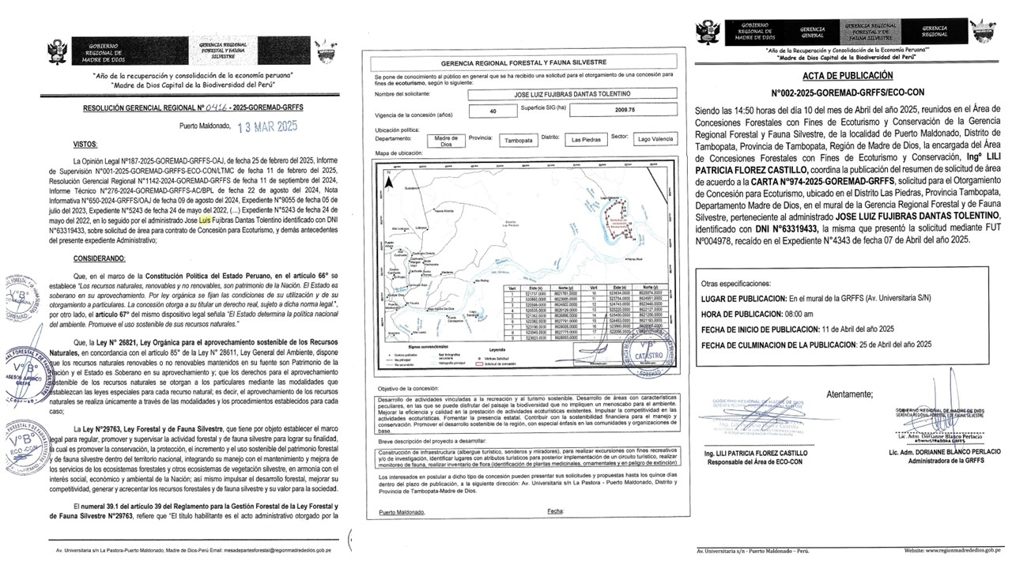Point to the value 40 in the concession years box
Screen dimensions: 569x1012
click(493, 111)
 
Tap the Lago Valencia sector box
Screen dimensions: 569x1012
click(656, 139)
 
